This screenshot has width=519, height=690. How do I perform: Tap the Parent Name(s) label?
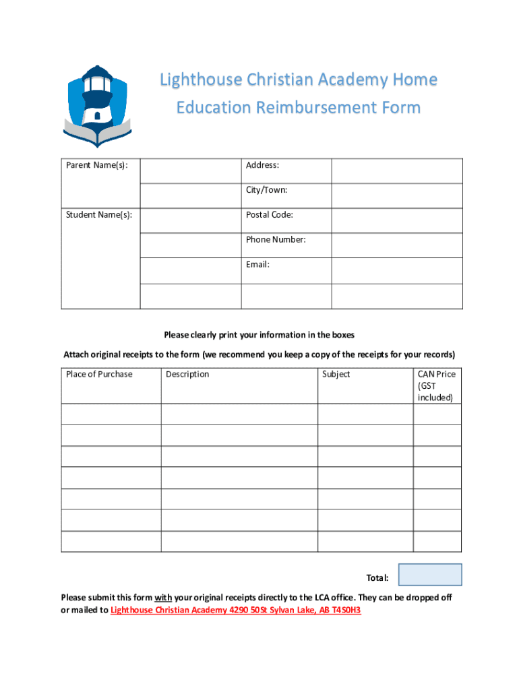click(x=97, y=166)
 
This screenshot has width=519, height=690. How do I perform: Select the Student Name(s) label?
click(x=98, y=215)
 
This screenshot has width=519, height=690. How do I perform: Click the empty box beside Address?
click(x=397, y=171)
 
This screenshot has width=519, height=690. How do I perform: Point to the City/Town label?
click(x=267, y=190)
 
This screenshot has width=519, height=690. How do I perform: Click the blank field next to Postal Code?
click(x=397, y=220)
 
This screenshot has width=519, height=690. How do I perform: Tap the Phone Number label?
click(x=276, y=240)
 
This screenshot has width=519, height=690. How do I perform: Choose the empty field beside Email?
click(x=397, y=270)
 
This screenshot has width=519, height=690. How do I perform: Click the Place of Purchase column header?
click(x=99, y=375)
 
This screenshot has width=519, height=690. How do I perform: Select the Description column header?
click(x=187, y=375)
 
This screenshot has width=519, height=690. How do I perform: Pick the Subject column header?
click(x=336, y=375)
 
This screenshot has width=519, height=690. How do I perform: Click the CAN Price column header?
click(x=437, y=375)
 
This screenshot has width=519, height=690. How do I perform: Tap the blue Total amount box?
click(x=430, y=575)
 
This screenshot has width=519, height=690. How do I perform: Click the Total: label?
click(x=377, y=578)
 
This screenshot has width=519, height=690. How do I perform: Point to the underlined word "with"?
click(x=163, y=598)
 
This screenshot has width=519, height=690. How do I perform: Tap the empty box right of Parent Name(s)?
click(x=191, y=171)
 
